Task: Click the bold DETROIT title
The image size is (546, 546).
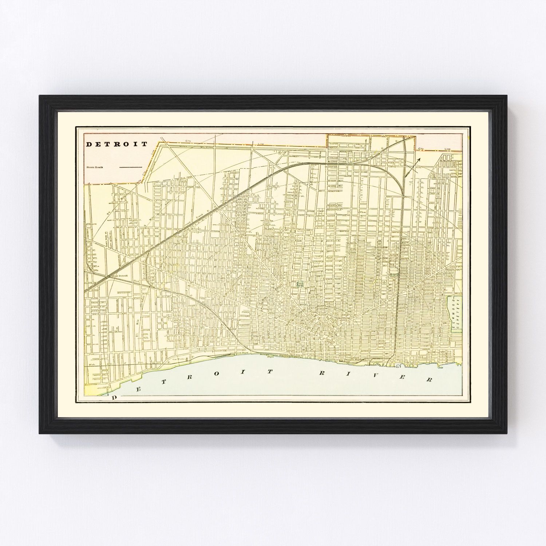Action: point(117,144)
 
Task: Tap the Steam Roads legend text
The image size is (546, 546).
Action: point(95,167)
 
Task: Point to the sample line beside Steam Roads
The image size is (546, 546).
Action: point(130,167)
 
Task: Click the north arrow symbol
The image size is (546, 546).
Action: point(412,167)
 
